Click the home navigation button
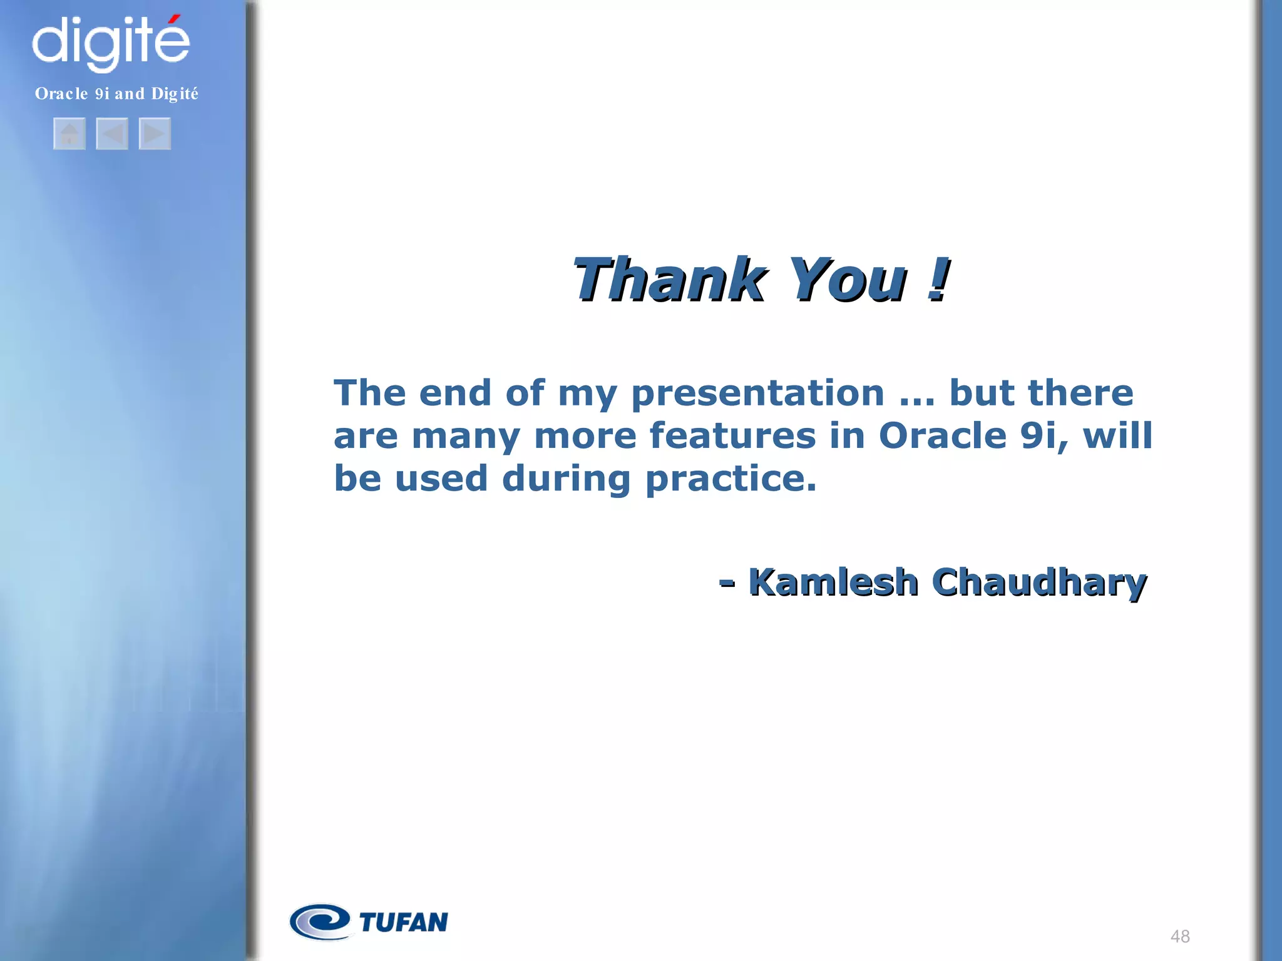point(69,133)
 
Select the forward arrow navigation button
point(155,133)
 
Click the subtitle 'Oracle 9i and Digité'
point(116,94)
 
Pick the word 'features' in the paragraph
point(732,435)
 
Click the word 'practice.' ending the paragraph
point(731,479)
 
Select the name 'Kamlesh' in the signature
point(833,582)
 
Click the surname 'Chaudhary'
point(1039,582)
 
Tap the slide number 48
point(1180,937)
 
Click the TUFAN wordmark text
point(404,922)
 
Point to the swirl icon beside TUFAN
point(320,922)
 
